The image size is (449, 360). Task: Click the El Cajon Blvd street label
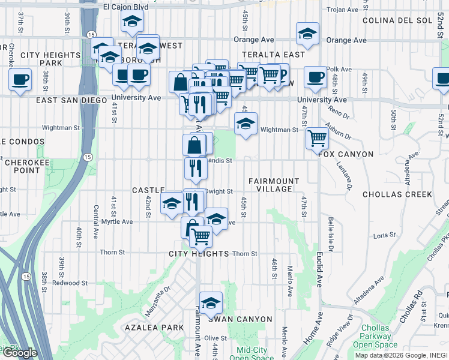[125, 7]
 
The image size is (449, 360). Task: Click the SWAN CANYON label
[240, 319]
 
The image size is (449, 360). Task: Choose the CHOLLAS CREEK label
[397, 194]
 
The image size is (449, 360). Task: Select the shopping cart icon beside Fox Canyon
[317, 139]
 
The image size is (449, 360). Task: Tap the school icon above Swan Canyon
[211, 303]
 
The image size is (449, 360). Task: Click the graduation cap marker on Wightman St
[246, 124]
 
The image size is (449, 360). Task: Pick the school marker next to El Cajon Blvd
[131, 22]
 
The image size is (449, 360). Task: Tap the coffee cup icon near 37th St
[20, 79]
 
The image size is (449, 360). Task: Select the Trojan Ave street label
[342, 10]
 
